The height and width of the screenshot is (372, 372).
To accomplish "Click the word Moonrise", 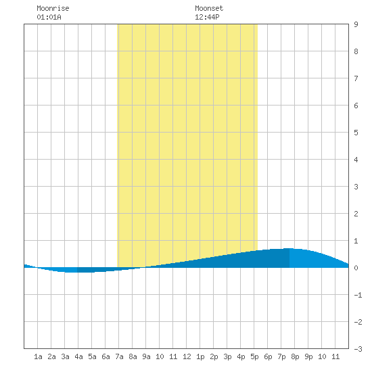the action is pyautogui.click(x=53, y=8).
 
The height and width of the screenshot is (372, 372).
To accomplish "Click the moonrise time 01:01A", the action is pyautogui.click(x=49, y=17).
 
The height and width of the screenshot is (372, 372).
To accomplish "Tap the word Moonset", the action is pyautogui.click(x=209, y=8).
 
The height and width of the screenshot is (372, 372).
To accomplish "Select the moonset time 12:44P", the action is pyautogui.click(x=207, y=17).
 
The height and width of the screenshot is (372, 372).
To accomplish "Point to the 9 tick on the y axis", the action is pyautogui.click(x=356, y=24).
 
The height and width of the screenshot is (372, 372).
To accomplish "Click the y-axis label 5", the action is pyautogui.click(x=356, y=133).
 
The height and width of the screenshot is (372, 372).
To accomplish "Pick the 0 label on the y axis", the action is pyautogui.click(x=356, y=268).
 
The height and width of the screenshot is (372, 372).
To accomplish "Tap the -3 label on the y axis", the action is pyautogui.click(x=358, y=349).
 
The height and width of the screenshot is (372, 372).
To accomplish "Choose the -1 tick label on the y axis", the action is pyautogui.click(x=358, y=295).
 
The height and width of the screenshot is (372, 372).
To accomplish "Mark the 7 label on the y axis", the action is pyautogui.click(x=356, y=78).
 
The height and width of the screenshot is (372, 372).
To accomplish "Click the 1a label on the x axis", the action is pyautogui.click(x=38, y=356).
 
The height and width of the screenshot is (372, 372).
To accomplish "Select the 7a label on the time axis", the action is pyautogui.click(x=119, y=356).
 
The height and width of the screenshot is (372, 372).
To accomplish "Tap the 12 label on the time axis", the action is pyautogui.click(x=187, y=356).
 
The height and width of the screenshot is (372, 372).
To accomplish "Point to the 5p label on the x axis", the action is pyautogui.click(x=254, y=356).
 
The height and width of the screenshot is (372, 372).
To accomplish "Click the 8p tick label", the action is pyautogui.click(x=295, y=356).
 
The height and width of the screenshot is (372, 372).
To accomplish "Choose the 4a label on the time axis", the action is pyautogui.click(x=78, y=356).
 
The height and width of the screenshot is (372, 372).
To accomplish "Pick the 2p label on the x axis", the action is pyautogui.click(x=214, y=356).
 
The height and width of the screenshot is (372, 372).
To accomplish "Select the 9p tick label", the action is pyautogui.click(x=308, y=356).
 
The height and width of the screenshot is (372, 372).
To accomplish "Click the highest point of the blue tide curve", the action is pyautogui.click(x=289, y=248).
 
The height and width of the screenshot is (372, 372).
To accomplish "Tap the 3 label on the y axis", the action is pyautogui.click(x=356, y=187).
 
